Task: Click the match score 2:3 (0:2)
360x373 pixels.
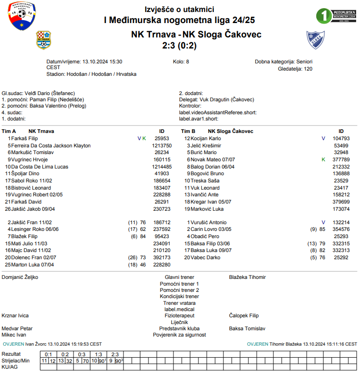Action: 180,46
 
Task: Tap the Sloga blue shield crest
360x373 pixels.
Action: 315,41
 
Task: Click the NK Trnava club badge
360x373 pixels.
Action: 44,40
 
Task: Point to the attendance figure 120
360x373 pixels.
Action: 308,69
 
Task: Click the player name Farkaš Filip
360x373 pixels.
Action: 25,138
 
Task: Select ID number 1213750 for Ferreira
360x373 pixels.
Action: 161,145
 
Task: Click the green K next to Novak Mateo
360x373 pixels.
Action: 323,159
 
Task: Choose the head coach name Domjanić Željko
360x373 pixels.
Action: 20,277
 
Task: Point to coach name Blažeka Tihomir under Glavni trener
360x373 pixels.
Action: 248,277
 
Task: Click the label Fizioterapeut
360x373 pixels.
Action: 179,315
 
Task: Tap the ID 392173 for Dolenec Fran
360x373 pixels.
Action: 161,258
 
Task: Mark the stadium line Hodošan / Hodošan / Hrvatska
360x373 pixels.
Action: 91,74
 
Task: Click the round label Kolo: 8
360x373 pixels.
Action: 181,62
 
